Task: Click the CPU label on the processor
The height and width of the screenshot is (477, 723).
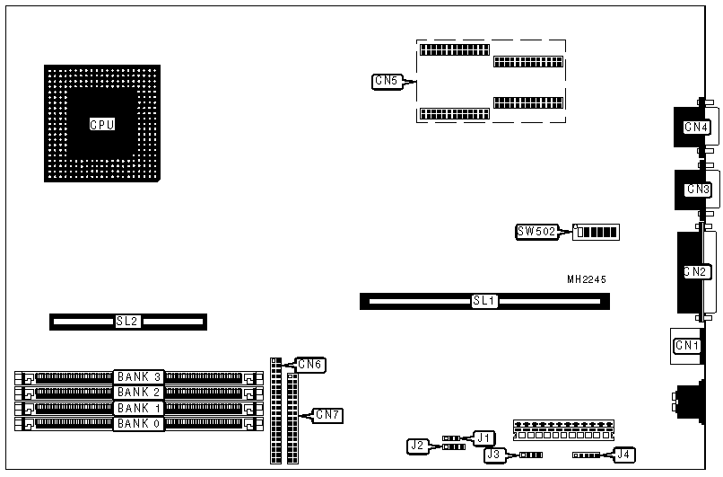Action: point(101,124)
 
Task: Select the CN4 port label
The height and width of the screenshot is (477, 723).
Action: point(696,127)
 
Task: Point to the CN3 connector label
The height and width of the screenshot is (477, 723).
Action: point(697,189)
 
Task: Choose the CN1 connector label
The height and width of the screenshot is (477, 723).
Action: point(686,345)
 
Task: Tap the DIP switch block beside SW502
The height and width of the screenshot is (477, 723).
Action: point(597,232)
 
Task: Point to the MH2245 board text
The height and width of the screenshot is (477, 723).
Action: point(587,279)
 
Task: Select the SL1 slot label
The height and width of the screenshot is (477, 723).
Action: point(484,301)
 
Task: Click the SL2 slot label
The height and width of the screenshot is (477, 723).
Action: point(127,321)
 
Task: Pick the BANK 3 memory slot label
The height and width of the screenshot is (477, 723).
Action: point(138,377)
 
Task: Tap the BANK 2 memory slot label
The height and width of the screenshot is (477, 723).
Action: point(138,392)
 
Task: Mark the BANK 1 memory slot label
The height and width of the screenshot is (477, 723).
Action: point(138,408)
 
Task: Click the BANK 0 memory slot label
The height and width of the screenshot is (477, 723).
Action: point(138,423)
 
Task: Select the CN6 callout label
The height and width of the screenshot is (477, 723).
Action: point(309,364)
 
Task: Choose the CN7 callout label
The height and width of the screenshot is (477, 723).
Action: point(327,414)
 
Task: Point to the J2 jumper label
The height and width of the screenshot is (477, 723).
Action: point(416,445)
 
